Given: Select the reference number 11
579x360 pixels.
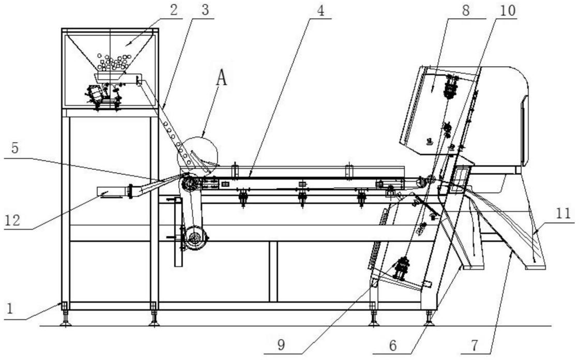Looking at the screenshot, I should tap(564, 212).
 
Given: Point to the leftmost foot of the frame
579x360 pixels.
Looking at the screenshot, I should tap(65, 322).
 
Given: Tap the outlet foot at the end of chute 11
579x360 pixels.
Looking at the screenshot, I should tap(535, 267).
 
